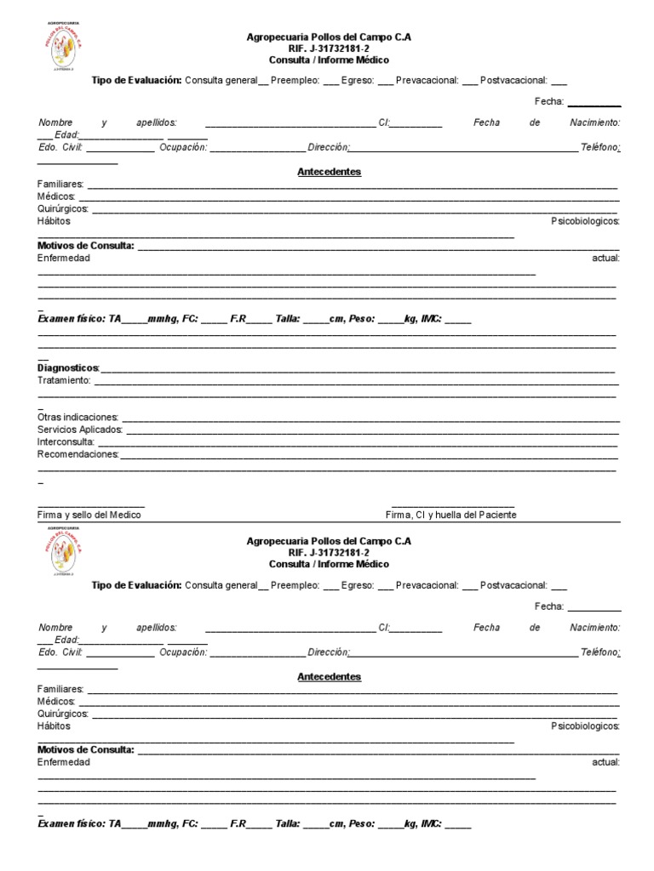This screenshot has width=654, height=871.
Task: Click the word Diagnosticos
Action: (x=68, y=368)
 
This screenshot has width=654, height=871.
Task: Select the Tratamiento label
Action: (x=64, y=380)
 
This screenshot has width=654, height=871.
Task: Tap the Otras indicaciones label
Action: (x=77, y=418)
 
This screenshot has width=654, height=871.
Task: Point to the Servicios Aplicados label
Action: (x=80, y=430)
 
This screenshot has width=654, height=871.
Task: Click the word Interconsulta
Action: (x=66, y=442)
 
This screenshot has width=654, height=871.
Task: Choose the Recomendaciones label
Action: (x=77, y=454)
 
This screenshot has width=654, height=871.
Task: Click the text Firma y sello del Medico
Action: (x=89, y=515)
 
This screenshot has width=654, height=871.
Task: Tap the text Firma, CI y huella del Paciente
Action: (x=451, y=515)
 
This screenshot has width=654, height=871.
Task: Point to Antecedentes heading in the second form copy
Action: (x=329, y=677)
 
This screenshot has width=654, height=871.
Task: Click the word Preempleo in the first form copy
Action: (x=295, y=81)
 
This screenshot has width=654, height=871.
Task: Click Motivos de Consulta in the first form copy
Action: (x=86, y=246)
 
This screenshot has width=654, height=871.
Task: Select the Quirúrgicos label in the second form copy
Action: (x=63, y=714)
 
